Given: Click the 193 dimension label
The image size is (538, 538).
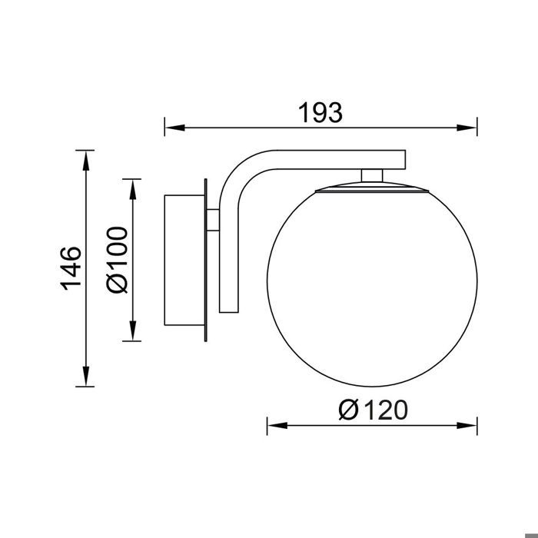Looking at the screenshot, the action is click(320, 113).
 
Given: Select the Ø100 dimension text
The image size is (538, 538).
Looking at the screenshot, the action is click(117, 260).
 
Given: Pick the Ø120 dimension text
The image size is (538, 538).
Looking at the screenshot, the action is click(374, 410).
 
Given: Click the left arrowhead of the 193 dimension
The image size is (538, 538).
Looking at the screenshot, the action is click(175, 128).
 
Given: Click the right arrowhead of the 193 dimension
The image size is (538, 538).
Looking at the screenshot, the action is click(467, 128).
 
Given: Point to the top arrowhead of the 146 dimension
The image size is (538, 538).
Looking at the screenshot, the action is click(86, 161).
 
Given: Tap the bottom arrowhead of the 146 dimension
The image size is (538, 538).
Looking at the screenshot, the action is click(86, 377).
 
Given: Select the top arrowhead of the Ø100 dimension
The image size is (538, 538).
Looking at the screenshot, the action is click(133, 189).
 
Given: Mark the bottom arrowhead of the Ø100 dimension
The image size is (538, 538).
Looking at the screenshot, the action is click(133, 330).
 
